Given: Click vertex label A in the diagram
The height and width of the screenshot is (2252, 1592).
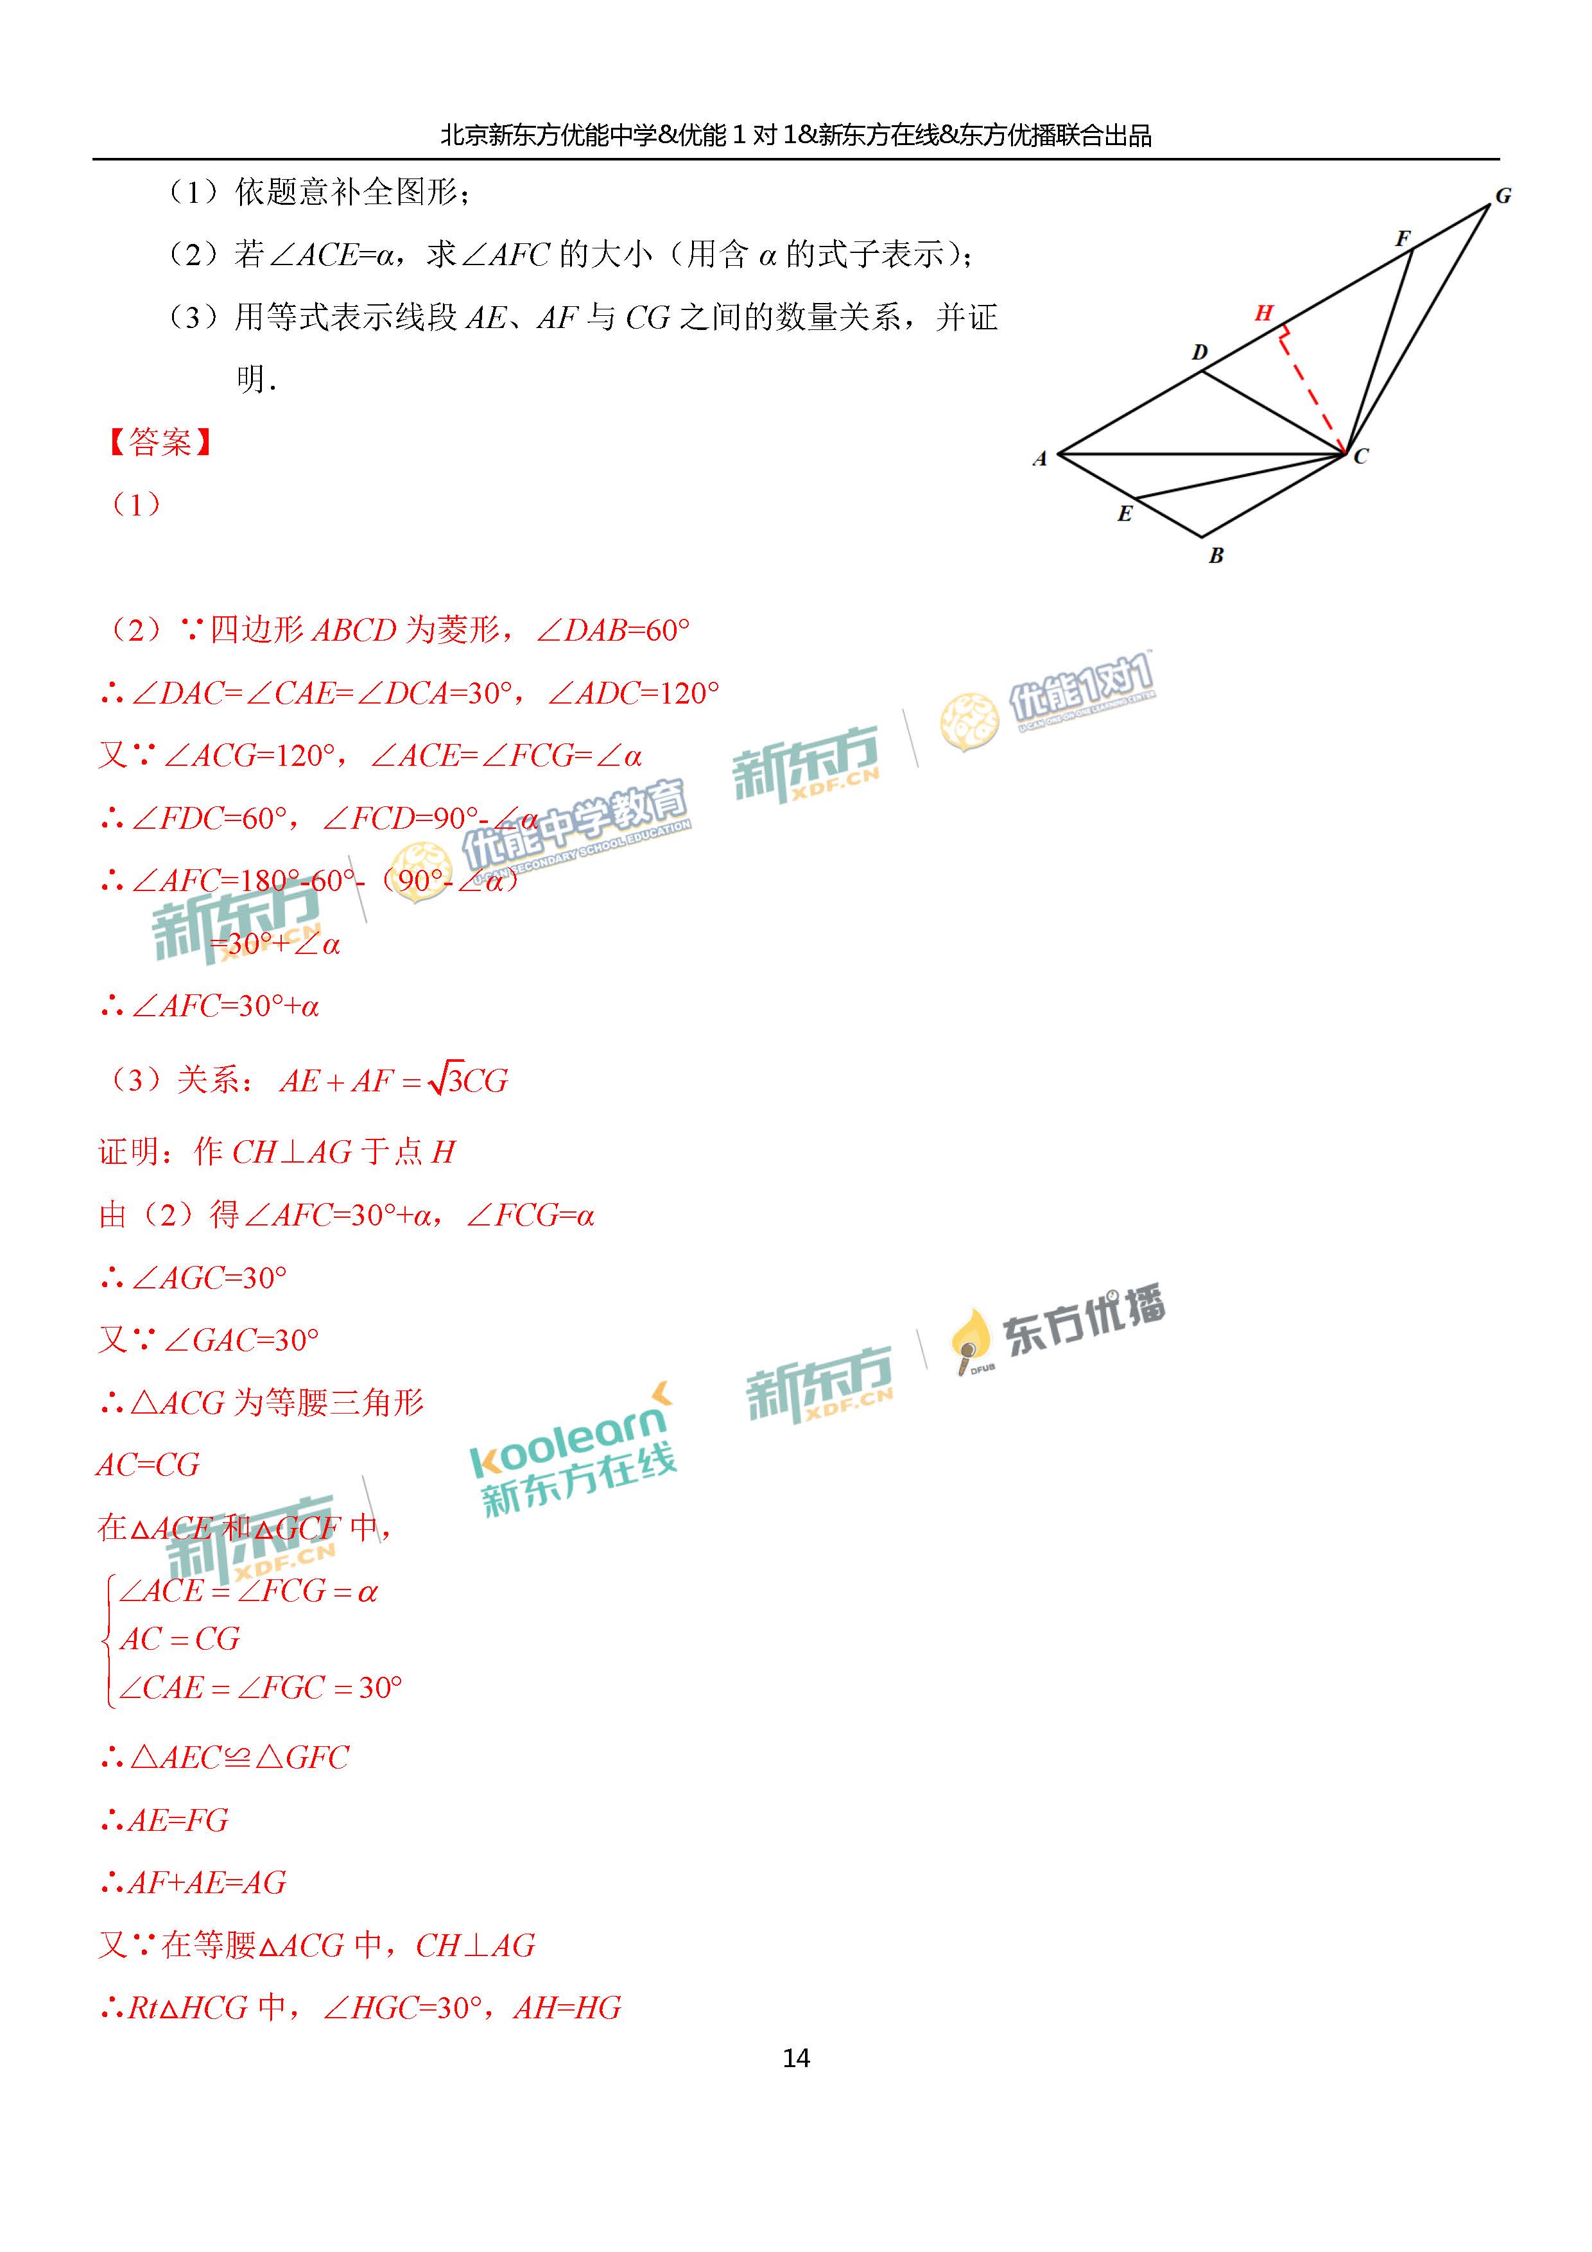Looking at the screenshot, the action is pos(1040,458).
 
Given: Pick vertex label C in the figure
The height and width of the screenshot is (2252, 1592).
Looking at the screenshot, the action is pos(1360,456).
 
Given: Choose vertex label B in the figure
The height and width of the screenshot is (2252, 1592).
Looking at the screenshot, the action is pos(1216,555).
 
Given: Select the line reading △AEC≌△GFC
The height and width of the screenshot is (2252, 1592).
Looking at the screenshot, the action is pos(225,1756).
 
